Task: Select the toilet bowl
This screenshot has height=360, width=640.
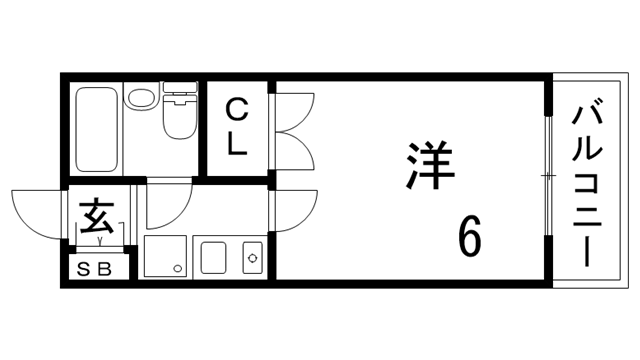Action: click(177, 122)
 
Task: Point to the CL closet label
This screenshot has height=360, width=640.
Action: click(236, 126)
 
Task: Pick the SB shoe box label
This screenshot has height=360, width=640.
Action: click(97, 268)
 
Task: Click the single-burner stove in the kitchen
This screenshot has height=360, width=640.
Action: click(252, 258)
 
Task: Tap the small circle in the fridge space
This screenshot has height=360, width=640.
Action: click(177, 268)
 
